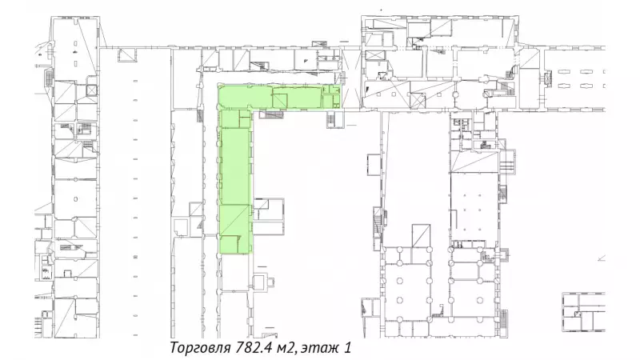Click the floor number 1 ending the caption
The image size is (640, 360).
[347, 348]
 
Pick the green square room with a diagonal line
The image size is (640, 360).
[280, 101]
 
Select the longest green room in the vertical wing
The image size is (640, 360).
[235, 166]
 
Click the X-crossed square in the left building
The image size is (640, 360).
[92, 90]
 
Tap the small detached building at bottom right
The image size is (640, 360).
[583, 312]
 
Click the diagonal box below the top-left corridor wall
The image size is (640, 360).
[126, 54]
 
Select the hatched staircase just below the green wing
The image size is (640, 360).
[271, 114]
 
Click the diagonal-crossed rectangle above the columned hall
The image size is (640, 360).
[421, 236]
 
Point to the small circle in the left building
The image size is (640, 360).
[75, 199]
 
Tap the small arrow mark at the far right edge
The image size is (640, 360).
[601, 258]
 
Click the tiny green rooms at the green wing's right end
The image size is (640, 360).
[330, 96]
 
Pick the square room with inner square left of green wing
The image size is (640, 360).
[180, 227]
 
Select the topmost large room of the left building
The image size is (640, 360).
[75, 49]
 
